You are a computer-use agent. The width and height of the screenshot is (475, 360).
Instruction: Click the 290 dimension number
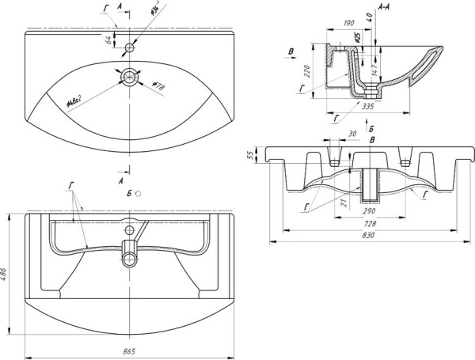[x=368, y=211]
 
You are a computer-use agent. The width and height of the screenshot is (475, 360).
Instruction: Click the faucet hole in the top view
[x=129, y=48]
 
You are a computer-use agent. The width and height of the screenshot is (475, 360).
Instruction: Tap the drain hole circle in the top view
[x=129, y=77]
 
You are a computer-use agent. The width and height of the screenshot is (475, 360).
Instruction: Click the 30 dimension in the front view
[x=351, y=134]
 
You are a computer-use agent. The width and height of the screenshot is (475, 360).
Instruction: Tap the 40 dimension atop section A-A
[x=368, y=14]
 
